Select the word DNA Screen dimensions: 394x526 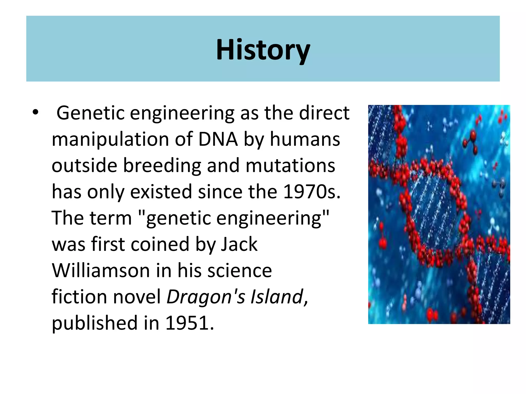click(218, 139)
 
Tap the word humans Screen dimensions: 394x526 click(305, 139)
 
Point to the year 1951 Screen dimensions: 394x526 click(189, 323)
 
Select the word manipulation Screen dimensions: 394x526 click(110, 139)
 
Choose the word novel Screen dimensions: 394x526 click(137, 297)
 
